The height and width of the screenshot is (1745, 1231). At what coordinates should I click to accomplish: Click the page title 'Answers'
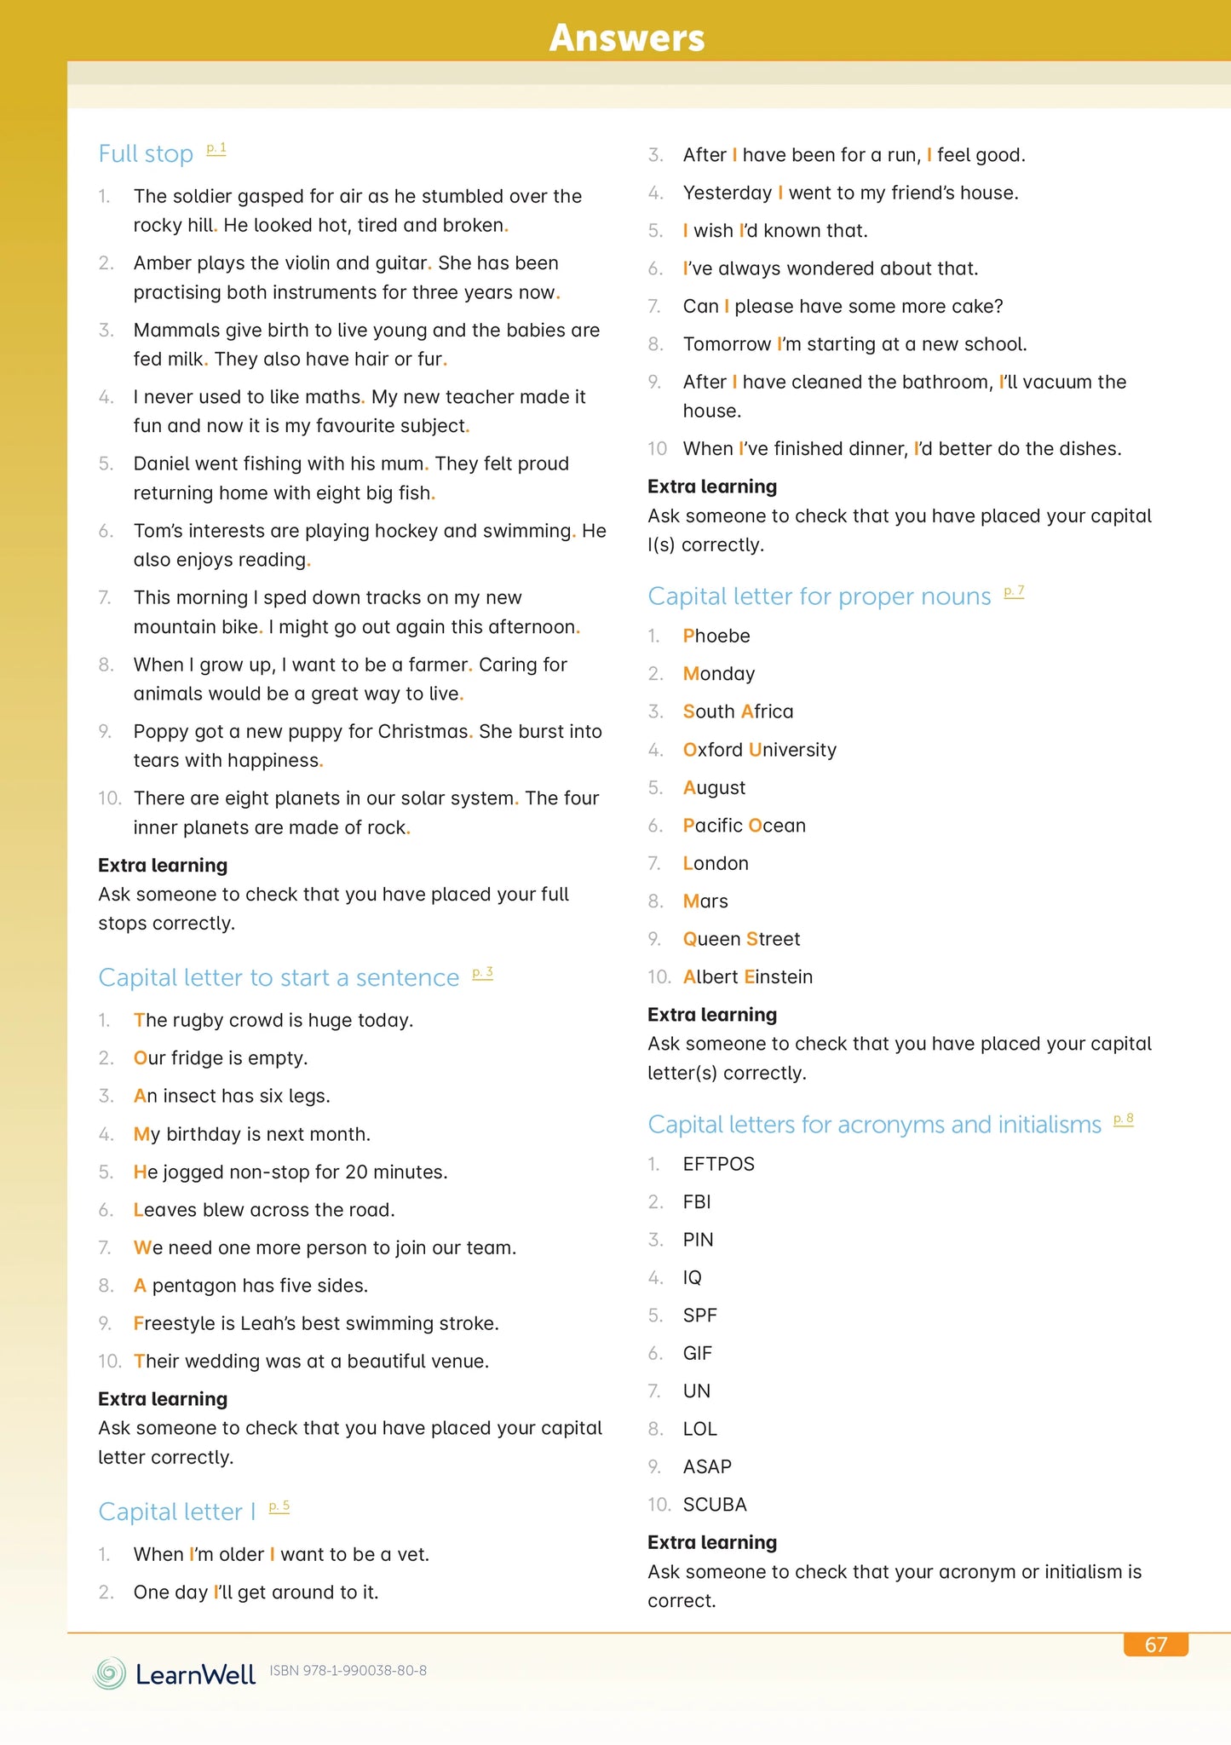[x=627, y=37]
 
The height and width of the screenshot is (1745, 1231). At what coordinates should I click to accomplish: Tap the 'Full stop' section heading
[x=146, y=154]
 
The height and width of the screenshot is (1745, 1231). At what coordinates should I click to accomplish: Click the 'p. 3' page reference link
[x=482, y=973]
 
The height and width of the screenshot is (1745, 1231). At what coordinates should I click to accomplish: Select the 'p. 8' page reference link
[x=1124, y=1120]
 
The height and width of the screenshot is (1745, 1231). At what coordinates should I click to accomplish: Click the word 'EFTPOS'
[x=719, y=1164]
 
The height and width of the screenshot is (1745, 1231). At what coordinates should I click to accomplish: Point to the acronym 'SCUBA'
[x=715, y=1505]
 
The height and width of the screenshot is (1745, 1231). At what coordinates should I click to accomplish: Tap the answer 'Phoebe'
[x=716, y=636]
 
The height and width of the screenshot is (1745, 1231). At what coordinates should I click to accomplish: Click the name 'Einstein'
[x=778, y=977]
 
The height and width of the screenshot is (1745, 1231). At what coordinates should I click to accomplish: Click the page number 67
[x=1155, y=1644]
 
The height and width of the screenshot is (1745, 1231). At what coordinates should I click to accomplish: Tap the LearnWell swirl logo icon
[x=109, y=1673]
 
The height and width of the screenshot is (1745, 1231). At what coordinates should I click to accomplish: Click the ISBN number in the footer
[x=348, y=1671]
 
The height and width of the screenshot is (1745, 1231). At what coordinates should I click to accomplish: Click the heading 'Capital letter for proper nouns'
[x=819, y=596]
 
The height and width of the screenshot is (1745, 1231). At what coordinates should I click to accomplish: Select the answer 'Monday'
[x=719, y=674]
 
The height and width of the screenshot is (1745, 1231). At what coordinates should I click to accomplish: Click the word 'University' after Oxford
[x=792, y=750]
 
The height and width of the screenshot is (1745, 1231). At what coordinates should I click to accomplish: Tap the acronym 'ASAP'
[x=707, y=1467]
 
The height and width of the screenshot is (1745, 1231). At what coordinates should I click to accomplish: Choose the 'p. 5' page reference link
[x=279, y=1507]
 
